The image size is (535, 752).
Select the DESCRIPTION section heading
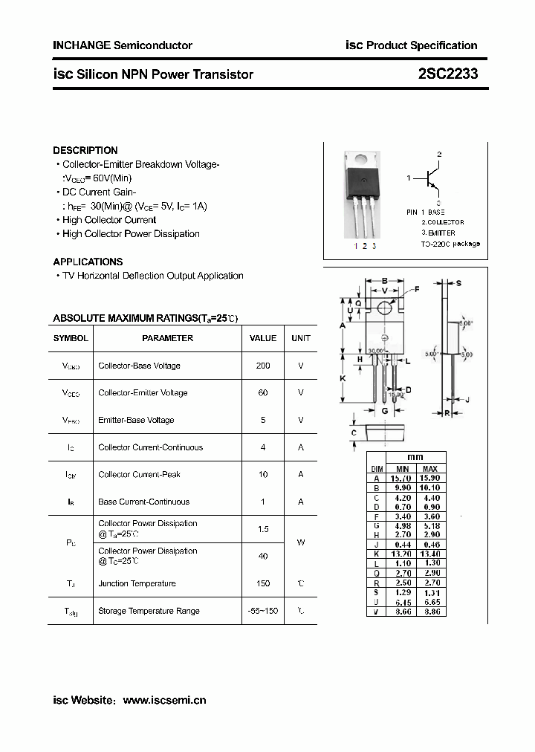click(85, 150)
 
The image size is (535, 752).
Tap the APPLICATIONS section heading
click(88, 262)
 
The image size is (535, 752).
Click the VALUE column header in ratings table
click(263, 338)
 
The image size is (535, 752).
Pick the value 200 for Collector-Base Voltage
click(263, 366)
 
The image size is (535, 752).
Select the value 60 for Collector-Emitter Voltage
click(263, 393)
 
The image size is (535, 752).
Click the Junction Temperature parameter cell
click(137, 584)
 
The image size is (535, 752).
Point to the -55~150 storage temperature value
click(263, 611)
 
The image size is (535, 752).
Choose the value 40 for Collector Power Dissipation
click(263, 557)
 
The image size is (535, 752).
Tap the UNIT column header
click(301, 338)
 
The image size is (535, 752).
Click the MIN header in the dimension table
click(402, 469)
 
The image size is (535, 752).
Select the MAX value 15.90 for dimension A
click(429, 479)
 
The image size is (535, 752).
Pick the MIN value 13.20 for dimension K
click(402, 554)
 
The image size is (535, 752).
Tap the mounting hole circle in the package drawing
click(385, 308)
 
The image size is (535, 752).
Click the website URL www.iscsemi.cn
click(164, 700)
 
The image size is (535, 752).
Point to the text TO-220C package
click(450, 244)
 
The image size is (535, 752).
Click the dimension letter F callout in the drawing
click(416, 288)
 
